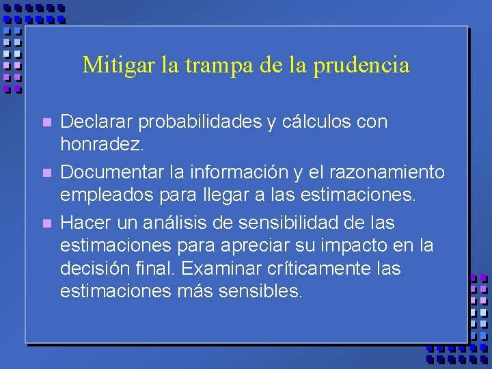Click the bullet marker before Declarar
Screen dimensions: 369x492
tap(46, 123)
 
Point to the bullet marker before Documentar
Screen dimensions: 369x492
tap(46, 173)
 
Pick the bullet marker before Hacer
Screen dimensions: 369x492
tap(46, 223)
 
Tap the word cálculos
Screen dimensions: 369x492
tap(320, 122)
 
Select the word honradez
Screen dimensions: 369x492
tap(102, 145)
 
